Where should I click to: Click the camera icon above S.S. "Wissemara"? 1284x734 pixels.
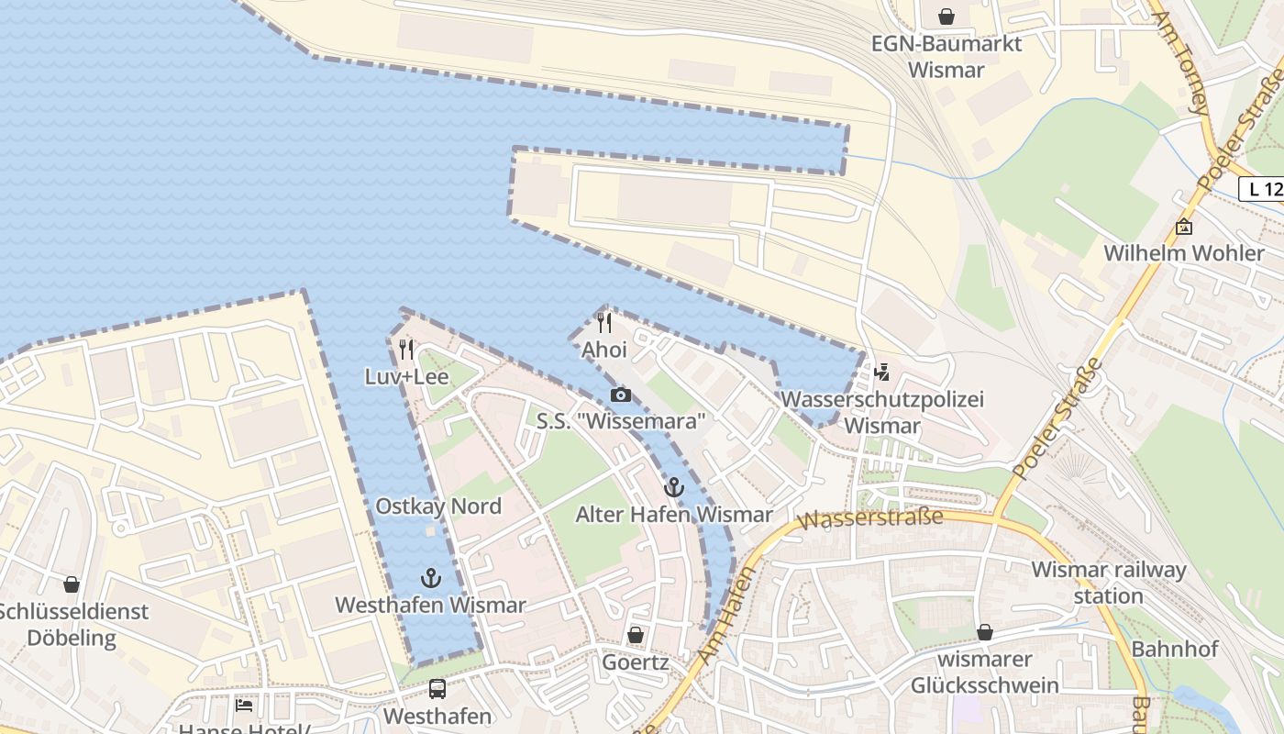621,395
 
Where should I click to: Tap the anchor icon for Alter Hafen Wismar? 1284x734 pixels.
674,487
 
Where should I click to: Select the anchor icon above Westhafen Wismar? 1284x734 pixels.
430,577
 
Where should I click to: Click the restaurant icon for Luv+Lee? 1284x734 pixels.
406,349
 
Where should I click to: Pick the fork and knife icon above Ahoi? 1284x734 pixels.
604,322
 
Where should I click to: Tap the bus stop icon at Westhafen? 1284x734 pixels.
437,688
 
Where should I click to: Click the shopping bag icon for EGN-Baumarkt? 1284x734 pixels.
946,17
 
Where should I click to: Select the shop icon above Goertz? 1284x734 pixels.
635,635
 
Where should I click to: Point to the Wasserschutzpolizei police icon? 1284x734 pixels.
882,372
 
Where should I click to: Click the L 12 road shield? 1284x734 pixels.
1262,190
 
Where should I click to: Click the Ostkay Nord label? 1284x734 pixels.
438,506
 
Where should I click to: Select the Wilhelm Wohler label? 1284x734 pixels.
1183,253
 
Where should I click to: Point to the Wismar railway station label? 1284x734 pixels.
1109,583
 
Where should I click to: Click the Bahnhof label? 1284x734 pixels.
1175,649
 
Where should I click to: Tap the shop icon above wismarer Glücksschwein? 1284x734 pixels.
985,632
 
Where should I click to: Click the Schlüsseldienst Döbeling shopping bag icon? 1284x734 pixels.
72,584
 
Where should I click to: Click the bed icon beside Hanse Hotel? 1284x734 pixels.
243,706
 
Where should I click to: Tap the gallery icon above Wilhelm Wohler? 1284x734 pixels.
1184,227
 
